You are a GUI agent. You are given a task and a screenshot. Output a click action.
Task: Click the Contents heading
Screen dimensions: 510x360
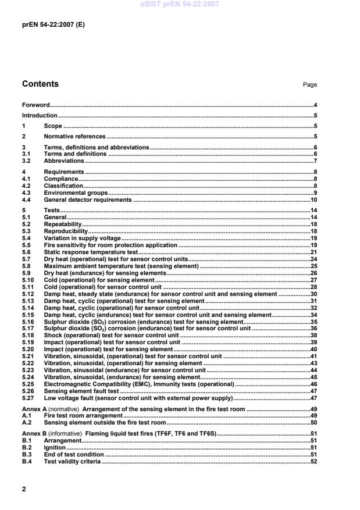(40, 84)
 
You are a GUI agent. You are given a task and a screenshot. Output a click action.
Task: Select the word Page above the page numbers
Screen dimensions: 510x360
(309, 85)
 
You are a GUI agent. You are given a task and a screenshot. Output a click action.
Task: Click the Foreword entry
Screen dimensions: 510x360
(35, 105)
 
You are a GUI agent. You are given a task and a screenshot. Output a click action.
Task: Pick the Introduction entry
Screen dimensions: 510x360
(40, 115)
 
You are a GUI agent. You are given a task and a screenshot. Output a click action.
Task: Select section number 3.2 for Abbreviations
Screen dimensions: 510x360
(26, 161)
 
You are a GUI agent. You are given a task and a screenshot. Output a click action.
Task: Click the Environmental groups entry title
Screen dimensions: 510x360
(76, 192)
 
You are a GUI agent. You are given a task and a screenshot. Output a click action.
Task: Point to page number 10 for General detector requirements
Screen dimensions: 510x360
(313, 199)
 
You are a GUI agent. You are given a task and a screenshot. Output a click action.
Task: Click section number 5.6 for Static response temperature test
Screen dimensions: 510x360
(26, 252)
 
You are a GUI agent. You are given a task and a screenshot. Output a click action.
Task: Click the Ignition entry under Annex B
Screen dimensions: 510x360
(55, 448)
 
